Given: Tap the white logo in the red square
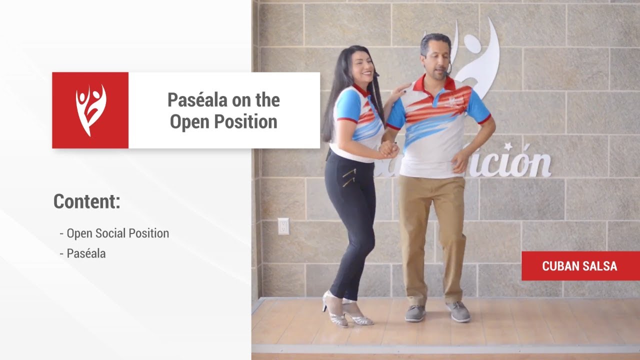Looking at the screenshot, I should point(90,110).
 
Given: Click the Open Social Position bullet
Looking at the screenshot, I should point(117,233).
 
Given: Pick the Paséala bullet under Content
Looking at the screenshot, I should point(86,253).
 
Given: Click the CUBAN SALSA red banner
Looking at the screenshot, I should point(580,266).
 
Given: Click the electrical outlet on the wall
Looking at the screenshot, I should point(283,226).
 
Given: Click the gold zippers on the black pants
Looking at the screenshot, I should point(349,177).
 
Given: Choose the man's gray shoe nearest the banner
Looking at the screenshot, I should point(458,311).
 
